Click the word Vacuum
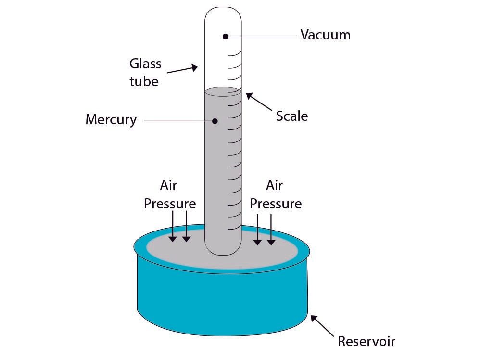[x=325, y=35]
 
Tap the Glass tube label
[x=145, y=72]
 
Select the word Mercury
[x=111, y=119]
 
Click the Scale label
[x=291, y=116]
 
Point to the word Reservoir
[x=366, y=341]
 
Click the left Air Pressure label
[x=170, y=194]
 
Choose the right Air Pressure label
[x=276, y=194]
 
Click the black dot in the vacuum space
[x=225, y=36]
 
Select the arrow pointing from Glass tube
[x=183, y=70]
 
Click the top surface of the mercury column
[x=223, y=91]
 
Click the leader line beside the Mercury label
[x=178, y=120]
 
